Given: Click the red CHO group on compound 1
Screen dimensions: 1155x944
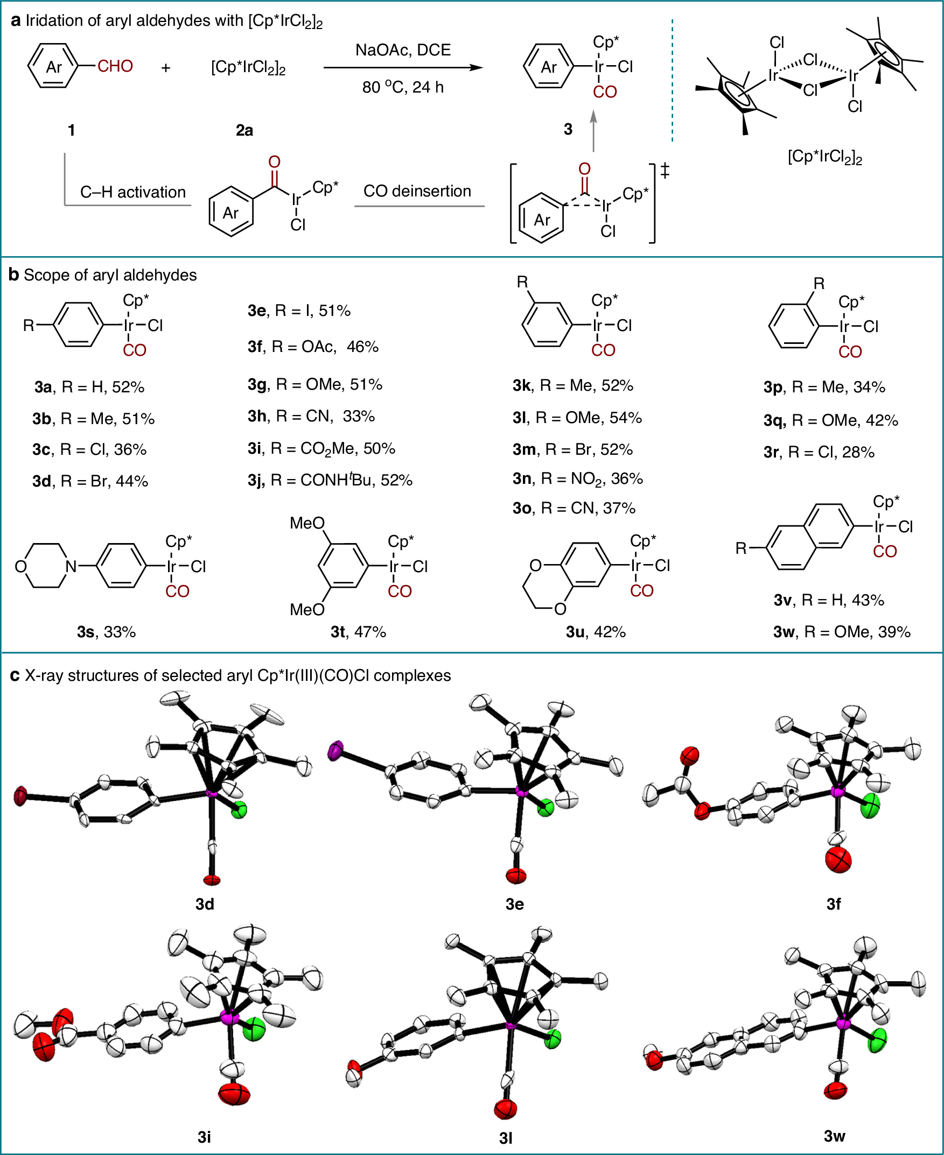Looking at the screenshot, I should pos(115,66).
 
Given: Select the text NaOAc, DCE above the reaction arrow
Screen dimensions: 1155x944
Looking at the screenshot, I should pos(403,50).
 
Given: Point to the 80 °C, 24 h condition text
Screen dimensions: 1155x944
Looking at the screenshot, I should pos(403,87).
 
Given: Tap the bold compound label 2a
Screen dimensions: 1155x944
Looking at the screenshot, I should pos(244,130).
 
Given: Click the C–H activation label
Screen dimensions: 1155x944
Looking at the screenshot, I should pos(132,192).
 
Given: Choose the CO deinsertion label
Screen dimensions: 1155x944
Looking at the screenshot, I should pos(417,191).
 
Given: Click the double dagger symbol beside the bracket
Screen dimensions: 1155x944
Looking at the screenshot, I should pos(665,171).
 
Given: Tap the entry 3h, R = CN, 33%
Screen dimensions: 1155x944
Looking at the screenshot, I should pos(311,417).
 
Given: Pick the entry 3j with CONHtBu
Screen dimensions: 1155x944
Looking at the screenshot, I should pos(330,480).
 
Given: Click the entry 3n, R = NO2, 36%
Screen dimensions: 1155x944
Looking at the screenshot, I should pos(577,479).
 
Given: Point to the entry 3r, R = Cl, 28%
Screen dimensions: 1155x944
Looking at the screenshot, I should pos(819,452).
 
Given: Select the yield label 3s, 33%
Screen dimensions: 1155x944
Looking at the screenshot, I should pos(107,631).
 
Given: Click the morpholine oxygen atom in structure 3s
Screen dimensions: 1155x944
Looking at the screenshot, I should pos(20,567).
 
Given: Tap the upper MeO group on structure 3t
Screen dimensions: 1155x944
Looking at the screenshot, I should pos(307,524).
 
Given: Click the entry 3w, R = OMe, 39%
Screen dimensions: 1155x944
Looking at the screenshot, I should pos(842,631).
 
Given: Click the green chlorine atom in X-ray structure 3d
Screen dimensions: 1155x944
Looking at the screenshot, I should pos(239,811).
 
